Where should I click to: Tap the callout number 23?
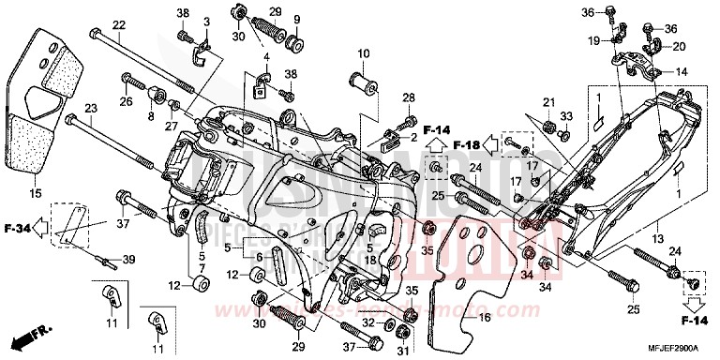pyautogui.click(x=90, y=108)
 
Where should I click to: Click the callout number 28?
pyautogui.click(x=409, y=97)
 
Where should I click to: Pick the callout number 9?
pyautogui.click(x=296, y=20)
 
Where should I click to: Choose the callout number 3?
pyautogui.click(x=206, y=21)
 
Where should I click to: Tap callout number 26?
pyautogui.click(x=126, y=101)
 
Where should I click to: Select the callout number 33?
pyautogui.click(x=566, y=116)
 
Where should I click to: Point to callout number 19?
pyautogui.click(x=594, y=40)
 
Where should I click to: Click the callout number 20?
pyautogui.click(x=680, y=47)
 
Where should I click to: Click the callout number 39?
pyautogui.click(x=128, y=260)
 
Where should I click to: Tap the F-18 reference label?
pyautogui.click(x=467, y=145)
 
